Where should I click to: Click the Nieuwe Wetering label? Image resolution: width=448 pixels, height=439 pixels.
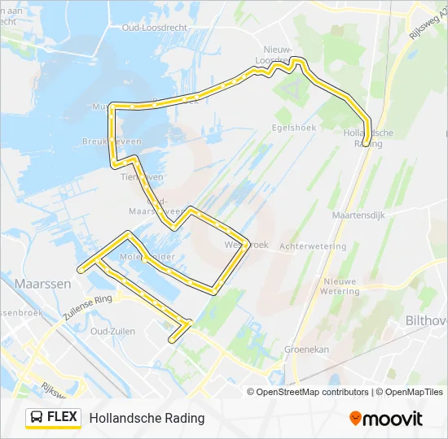(x=340, y=286)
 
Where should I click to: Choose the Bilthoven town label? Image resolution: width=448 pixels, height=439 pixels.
(x=426, y=320)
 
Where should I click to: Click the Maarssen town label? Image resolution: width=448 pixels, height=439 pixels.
(x=42, y=284)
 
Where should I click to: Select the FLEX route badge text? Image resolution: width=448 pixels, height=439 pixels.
(x=63, y=418)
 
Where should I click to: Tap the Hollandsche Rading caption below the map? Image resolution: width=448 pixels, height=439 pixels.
(x=147, y=418)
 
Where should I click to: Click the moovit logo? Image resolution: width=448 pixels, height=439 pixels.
(x=386, y=418)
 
